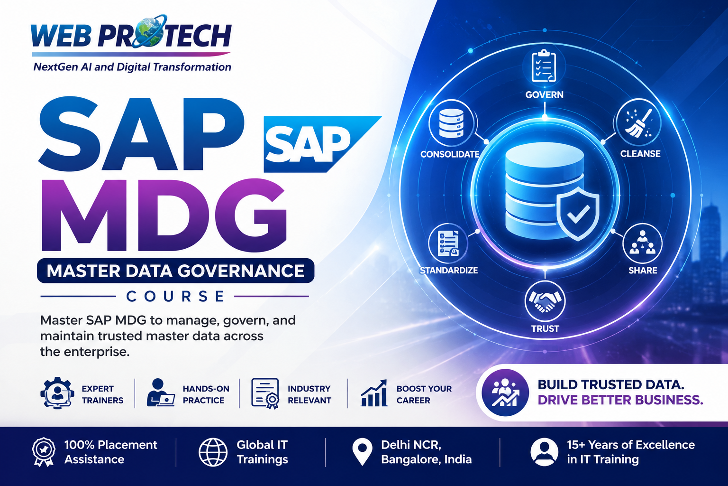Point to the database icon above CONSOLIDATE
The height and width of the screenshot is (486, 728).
click(x=451, y=123)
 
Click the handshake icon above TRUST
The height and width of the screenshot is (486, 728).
click(x=545, y=300)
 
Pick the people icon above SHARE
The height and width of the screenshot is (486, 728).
click(x=642, y=243)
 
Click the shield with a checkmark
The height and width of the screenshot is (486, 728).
click(x=578, y=214)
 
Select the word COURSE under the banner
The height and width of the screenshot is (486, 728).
click(x=175, y=296)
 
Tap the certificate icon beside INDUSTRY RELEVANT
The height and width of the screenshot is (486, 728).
click(x=265, y=393)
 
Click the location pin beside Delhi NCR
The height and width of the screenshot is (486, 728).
click(x=362, y=451)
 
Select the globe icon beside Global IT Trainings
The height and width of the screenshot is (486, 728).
click(x=213, y=452)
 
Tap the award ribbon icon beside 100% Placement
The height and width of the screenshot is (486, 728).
click(x=44, y=452)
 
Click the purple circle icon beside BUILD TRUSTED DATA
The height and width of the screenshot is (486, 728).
click(x=505, y=393)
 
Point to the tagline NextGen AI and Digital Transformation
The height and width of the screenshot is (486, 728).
click(x=132, y=67)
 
